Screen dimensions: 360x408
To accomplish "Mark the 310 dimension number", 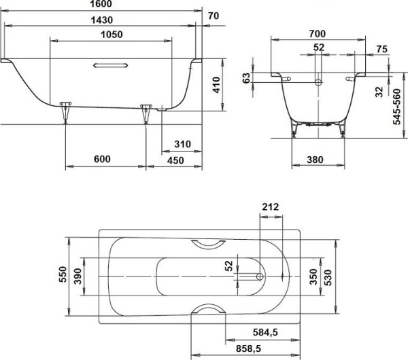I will pos(182,144).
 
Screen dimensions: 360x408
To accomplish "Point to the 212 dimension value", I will pos(270,206).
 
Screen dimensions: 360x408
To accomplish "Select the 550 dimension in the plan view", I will pos(62,275).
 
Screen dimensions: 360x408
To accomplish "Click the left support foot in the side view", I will pos(65,111).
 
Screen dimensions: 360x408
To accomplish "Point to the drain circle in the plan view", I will pos(260,276).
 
